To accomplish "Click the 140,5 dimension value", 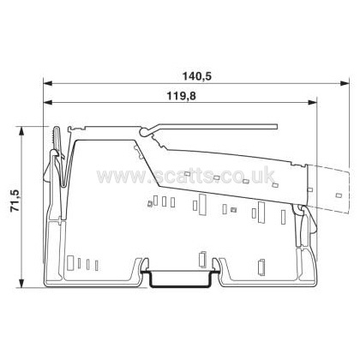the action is click(197, 76).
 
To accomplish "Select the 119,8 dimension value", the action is click(181, 96).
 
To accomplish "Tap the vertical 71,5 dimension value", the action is click(15, 201).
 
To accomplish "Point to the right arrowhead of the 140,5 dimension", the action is click(345, 83).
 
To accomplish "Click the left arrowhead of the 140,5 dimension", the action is click(48, 83).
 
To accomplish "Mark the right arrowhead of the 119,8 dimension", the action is click(312, 102).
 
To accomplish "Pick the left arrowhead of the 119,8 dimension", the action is click(48, 102).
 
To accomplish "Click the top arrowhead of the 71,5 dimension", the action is click(21, 132).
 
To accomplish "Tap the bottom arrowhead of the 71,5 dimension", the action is click(21, 283).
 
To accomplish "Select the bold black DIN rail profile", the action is click(180, 285).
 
